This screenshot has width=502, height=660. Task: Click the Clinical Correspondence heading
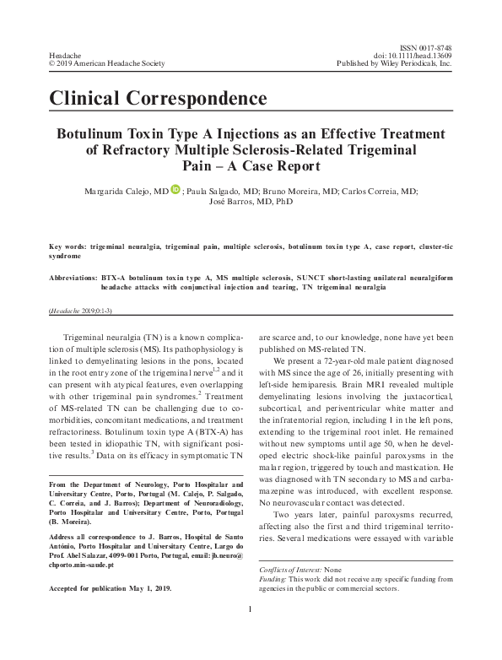coord(159,98)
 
